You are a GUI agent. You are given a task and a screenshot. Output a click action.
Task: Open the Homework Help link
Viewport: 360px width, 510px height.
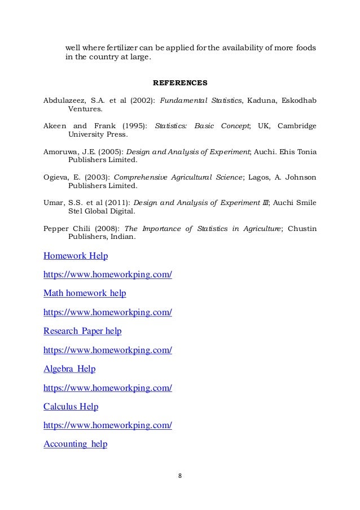76,256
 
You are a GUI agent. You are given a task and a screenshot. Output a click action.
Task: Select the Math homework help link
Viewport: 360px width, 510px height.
85,293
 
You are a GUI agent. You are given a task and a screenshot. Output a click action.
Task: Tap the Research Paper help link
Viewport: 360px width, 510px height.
82,331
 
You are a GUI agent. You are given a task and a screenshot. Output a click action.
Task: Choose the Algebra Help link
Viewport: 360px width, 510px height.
69,369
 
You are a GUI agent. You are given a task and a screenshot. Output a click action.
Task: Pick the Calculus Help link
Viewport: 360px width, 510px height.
71,407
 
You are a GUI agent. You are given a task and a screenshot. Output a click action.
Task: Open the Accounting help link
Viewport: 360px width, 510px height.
75,444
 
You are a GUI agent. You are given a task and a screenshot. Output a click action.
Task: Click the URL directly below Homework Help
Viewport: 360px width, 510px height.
107,274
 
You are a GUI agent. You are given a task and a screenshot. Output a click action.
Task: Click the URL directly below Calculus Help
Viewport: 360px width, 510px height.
107,425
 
